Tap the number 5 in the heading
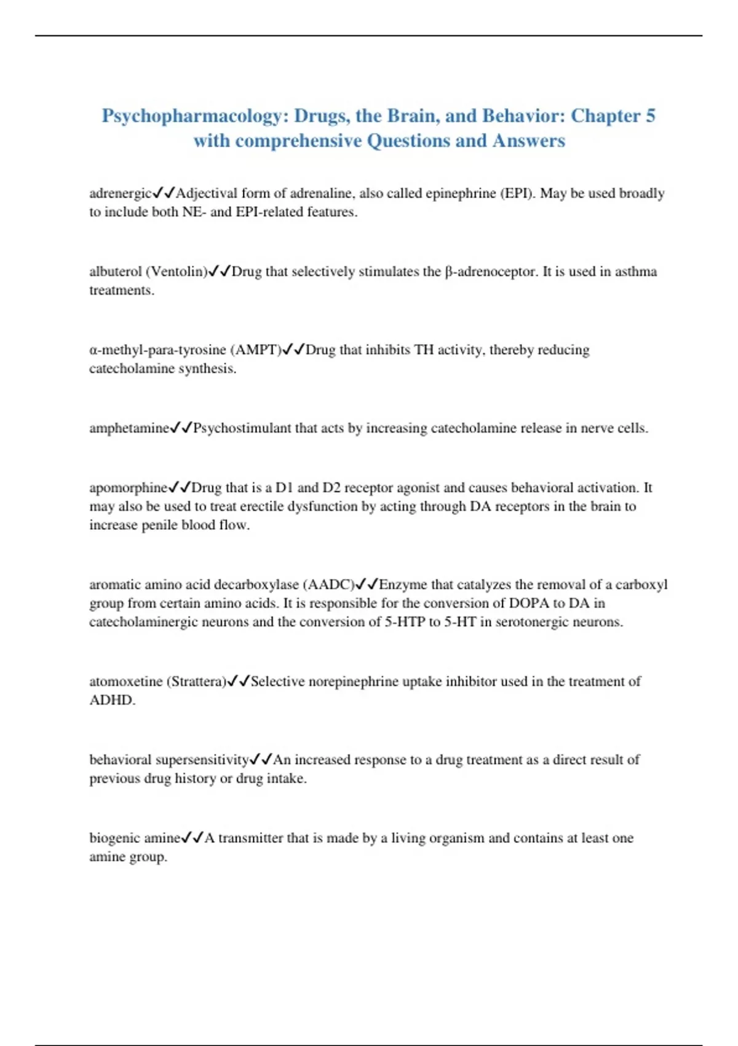[x=650, y=116]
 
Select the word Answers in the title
[x=528, y=141]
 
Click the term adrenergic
[x=120, y=194]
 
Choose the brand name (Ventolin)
[x=177, y=272]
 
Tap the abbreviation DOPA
[x=529, y=603]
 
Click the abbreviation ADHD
[x=111, y=700]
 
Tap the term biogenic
[x=115, y=839]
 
